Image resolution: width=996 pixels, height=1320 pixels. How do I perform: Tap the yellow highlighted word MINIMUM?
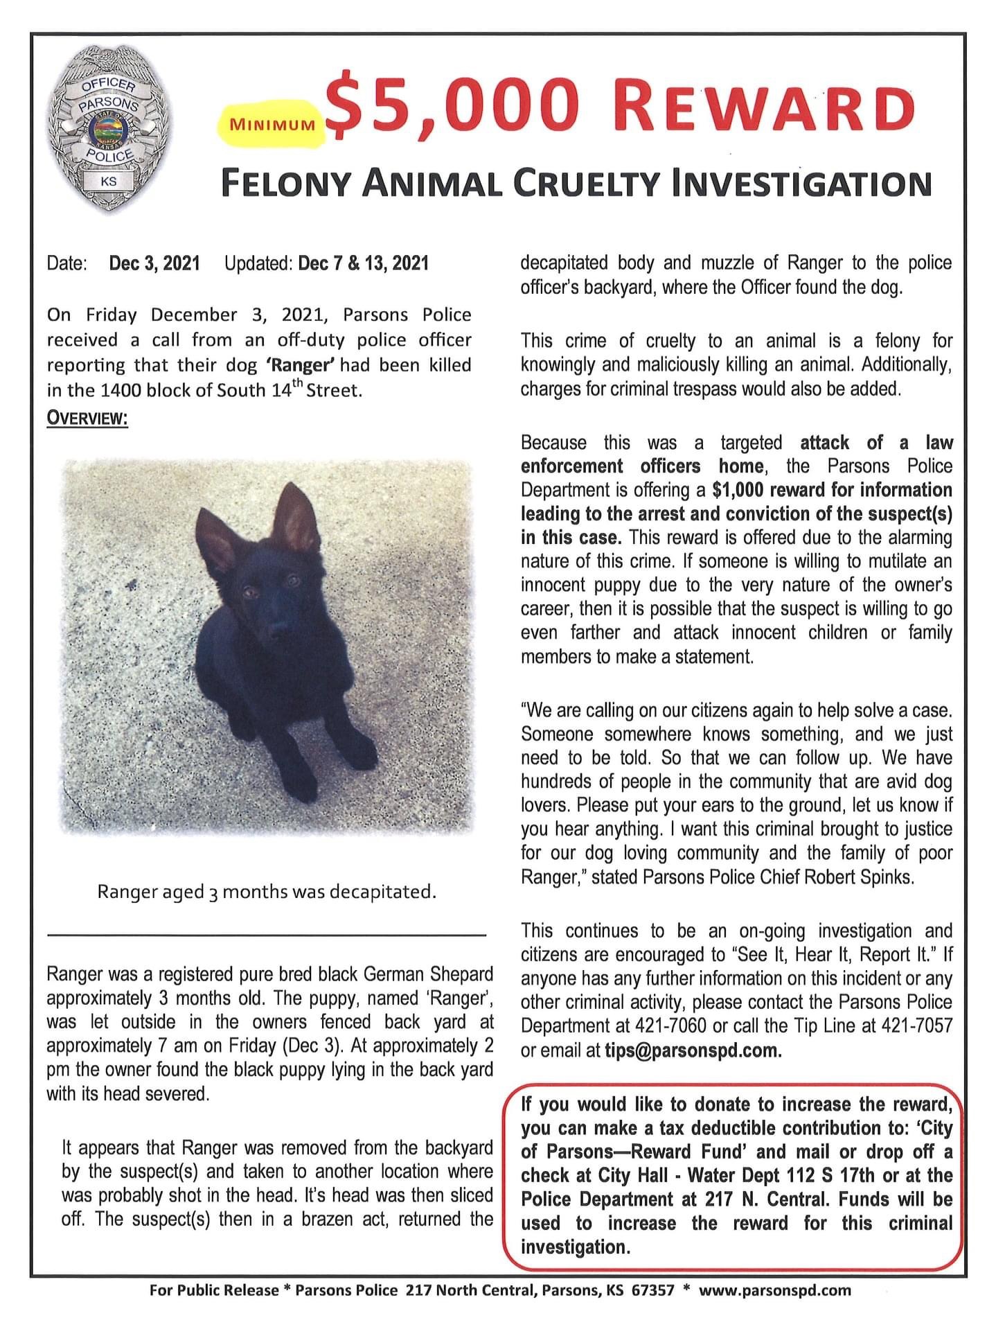[x=272, y=125]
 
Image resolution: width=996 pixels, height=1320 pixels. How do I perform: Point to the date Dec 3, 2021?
[x=154, y=263]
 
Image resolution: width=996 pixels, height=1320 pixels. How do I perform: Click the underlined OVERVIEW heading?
[x=87, y=420]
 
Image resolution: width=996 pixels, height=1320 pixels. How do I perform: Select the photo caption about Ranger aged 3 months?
[x=267, y=891]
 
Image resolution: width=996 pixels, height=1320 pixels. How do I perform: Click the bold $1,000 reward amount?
[x=738, y=490]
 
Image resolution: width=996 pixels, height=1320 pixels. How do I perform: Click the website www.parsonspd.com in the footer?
[x=774, y=1290]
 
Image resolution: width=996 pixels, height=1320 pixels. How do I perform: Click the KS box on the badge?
[x=108, y=182]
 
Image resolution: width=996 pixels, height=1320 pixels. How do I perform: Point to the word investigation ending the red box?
[x=575, y=1247]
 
